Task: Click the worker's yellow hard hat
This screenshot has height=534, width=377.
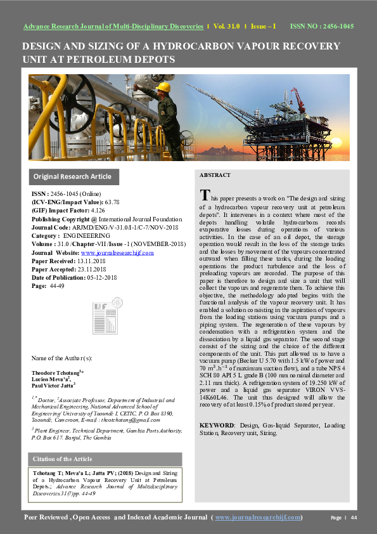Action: tap(163, 86)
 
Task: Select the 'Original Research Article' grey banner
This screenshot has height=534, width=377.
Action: tap(73, 177)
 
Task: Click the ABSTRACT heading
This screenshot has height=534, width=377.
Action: tap(215, 175)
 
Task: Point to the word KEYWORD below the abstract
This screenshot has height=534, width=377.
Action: tap(216, 425)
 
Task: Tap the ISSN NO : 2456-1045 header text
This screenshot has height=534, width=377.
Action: tap(321, 27)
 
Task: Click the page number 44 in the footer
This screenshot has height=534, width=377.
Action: tap(354, 518)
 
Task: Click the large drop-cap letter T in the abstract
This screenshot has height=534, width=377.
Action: tap(204, 194)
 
